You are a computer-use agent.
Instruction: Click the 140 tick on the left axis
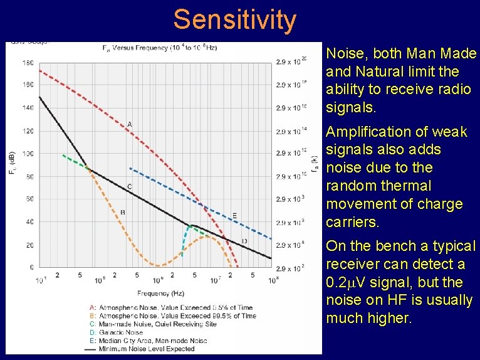29,108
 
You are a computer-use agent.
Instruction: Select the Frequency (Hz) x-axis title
155,292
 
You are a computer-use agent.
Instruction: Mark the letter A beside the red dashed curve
130,124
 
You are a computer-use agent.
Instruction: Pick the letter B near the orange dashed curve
123,212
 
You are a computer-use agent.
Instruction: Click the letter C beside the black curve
130,186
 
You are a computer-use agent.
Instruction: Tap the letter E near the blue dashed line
235,216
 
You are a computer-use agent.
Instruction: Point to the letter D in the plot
244,241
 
